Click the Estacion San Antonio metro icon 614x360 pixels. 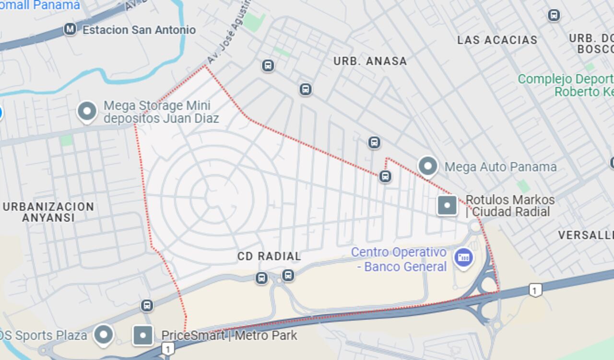point(70,29)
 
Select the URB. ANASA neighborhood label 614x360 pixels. point(370,61)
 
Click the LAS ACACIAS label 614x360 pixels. point(497,40)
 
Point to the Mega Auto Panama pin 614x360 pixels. point(427,166)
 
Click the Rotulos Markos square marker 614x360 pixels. point(447,205)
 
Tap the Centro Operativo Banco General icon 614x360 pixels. point(463,258)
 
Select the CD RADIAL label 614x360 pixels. point(269,256)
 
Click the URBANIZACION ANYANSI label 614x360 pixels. point(48,212)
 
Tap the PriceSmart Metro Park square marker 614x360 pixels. point(143,336)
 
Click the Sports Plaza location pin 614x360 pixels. point(104,334)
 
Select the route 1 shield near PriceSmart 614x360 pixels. point(167,348)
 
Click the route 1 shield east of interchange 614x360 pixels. point(535,290)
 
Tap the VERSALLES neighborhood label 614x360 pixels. point(585,235)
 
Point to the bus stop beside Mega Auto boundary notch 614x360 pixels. point(385,176)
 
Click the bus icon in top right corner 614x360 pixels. point(554,15)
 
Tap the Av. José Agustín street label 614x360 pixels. point(229,34)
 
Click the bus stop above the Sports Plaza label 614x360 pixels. point(147,305)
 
